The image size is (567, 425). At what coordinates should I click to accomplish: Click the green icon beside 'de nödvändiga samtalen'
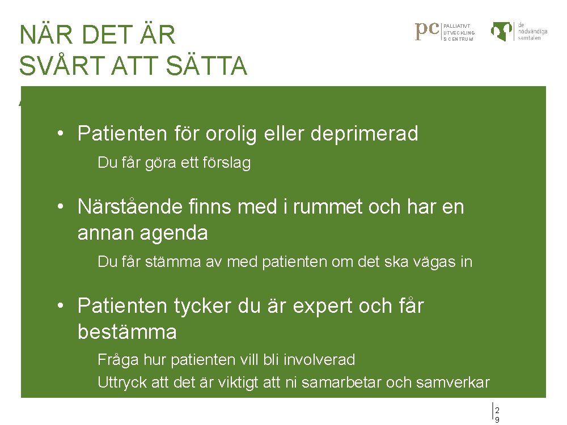pos(503,32)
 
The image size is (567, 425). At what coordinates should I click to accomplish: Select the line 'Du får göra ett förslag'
pos(174,163)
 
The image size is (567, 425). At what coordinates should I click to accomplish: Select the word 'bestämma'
pos(127,332)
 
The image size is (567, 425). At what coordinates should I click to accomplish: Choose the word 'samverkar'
pos(452,382)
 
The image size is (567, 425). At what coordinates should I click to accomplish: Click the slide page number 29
pos(497,414)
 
